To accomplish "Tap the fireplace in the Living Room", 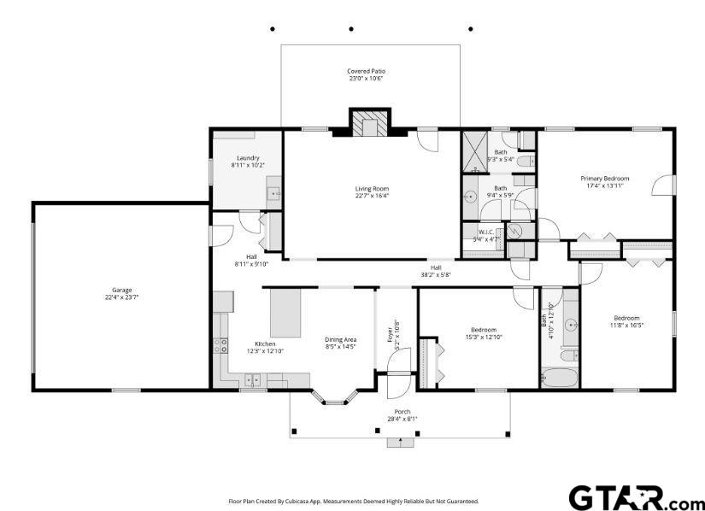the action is pos(369,122).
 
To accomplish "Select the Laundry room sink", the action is pos(273,194).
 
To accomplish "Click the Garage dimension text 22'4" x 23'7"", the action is pos(122,297).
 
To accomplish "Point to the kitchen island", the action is pos(285,313).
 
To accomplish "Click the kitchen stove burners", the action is pos(220,345).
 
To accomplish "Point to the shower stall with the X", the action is pos(475,152).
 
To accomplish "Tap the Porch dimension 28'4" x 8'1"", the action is pos(402,419).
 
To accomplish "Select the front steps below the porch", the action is pos(400,443).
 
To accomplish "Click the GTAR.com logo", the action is pos(634,497).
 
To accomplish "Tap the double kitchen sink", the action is pos(252,380).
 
